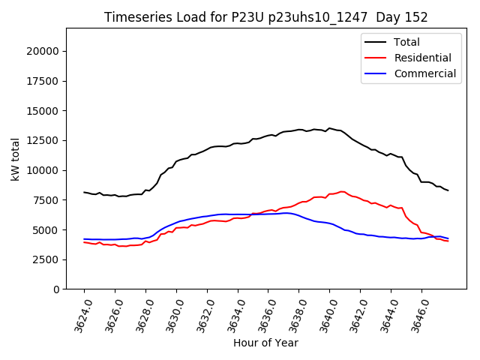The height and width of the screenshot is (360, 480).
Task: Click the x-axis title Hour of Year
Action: pos(265,343)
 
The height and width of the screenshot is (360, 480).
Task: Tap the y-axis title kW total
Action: pos(15,159)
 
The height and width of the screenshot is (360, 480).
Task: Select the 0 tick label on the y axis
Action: pos(56,289)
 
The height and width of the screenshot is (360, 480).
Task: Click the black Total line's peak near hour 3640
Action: pos(328,128)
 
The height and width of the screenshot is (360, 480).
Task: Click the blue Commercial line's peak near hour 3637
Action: pos(286,213)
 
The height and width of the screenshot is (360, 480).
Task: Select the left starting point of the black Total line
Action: pos(84,192)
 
